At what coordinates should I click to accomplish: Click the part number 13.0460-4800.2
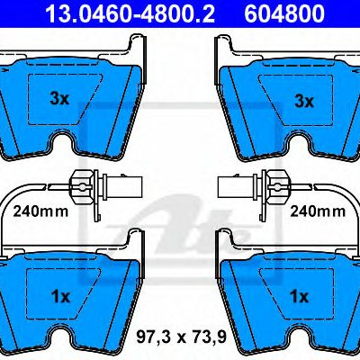coord(130,13)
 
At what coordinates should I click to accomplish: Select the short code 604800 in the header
coord(284,13)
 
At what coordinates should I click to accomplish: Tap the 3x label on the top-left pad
coord(59,98)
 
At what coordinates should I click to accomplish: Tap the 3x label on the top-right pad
coord(304,101)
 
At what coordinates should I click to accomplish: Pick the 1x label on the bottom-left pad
coord(60,297)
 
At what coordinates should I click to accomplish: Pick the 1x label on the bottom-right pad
coord(300,297)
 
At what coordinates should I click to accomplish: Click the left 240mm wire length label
coord(40,211)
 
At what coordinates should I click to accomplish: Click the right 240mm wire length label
coord(318,211)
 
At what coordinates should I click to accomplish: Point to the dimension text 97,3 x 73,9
coord(181,338)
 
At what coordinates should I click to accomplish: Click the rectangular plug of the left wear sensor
coord(122,187)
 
